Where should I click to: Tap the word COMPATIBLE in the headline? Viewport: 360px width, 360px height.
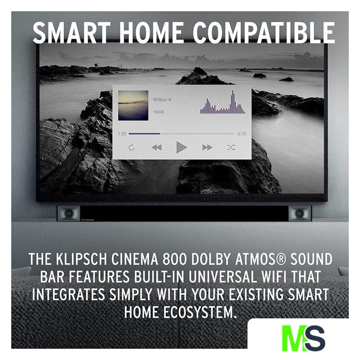pyautogui.click(x=264, y=33)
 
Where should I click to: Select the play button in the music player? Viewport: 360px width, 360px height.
pyautogui.click(x=182, y=147)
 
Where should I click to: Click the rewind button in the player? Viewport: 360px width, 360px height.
pyautogui.click(x=156, y=147)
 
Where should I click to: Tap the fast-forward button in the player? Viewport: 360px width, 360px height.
pyautogui.click(x=208, y=147)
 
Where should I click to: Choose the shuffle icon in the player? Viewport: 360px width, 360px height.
pyautogui.click(x=231, y=147)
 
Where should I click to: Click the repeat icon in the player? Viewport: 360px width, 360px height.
pyautogui.click(x=132, y=147)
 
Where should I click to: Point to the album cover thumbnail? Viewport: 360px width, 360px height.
pyautogui.click(x=133, y=105)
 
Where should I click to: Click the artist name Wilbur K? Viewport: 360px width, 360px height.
pyautogui.click(x=163, y=100)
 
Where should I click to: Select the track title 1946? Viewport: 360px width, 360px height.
pyautogui.click(x=159, y=112)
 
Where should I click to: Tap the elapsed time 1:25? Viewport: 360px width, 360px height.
pyautogui.click(x=122, y=134)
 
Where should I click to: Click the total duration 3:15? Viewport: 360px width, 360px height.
pyautogui.click(x=241, y=134)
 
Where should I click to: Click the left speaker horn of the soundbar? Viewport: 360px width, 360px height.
pyautogui.click(x=69, y=214)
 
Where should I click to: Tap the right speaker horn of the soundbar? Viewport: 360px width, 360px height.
pyautogui.click(x=300, y=214)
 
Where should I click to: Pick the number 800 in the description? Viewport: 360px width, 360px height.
pyautogui.click(x=175, y=259)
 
